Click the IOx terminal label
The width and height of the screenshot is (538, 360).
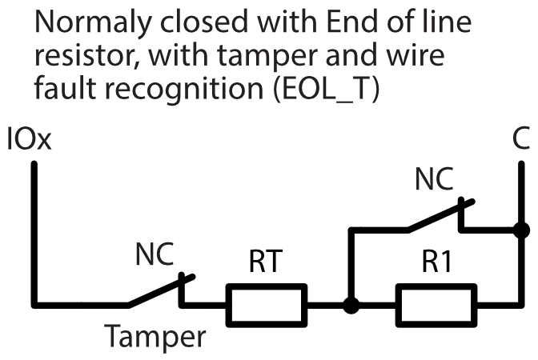pos(29,141)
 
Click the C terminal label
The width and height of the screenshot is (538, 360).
pos(520,141)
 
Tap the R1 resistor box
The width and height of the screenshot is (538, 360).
pos(436,305)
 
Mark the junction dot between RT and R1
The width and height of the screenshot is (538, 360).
pos(349,305)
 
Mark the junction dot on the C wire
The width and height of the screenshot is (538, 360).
pos(521,231)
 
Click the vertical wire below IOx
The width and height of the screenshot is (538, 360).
pos(34,232)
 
